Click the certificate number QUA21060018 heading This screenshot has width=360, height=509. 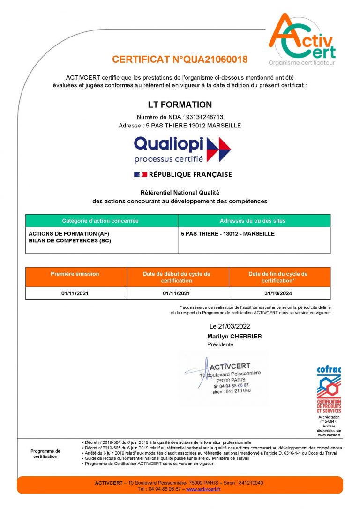pyautogui.click(x=180, y=60)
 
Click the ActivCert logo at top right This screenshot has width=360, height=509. pyautogui.click(x=302, y=40)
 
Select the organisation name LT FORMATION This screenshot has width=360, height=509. pyautogui.click(x=180, y=105)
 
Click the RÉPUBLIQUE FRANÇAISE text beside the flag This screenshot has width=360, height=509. pyautogui.click(x=190, y=175)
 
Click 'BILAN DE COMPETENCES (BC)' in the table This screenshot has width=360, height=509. pyautogui.click(x=70, y=240)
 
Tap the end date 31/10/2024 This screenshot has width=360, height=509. pyautogui.click(x=278, y=293)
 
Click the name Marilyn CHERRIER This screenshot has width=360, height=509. pyautogui.click(x=234, y=337)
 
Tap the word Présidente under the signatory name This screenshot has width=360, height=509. pyautogui.click(x=220, y=344)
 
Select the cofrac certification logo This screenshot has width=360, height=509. pyautogui.click(x=329, y=389)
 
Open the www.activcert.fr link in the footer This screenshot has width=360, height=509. pyautogui.click(x=203, y=489)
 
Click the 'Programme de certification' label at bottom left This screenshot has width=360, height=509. pyautogui.click(x=45, y=454)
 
